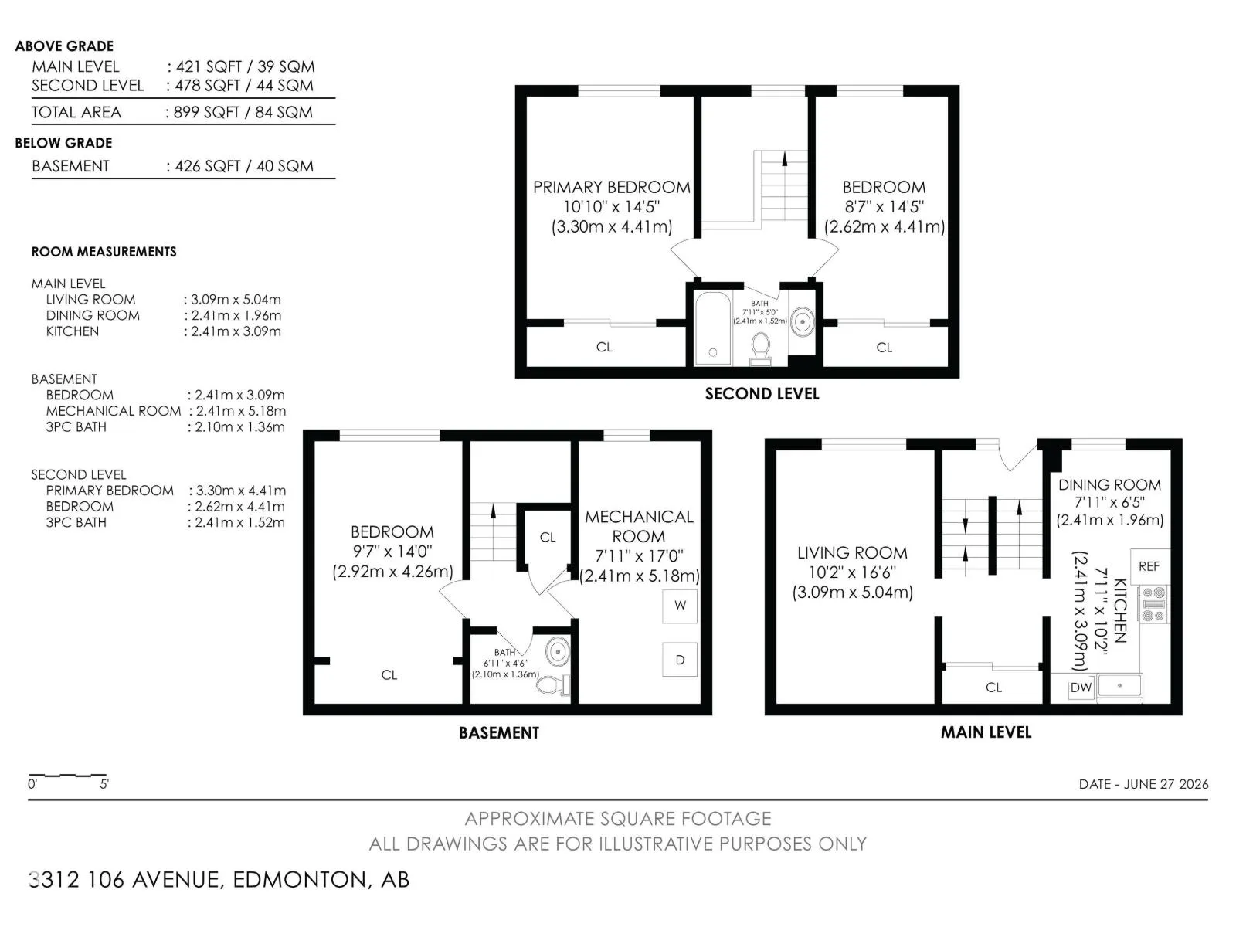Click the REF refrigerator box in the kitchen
(x=1149, y=566)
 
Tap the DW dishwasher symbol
(x=1081, y=688)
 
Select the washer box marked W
(x=680, y=606)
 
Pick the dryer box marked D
(x=680, y=660)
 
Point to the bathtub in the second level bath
(x=713, y=328)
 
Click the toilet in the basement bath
(x=552, y=684)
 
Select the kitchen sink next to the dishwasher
(x=1119, y=688)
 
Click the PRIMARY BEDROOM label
(x=612, y=188)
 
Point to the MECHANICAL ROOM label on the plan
(x=639, y=526)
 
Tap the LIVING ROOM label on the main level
(x=852, y=552)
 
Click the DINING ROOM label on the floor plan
(x=1109, y=485)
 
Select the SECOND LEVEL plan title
(x=762, y=393)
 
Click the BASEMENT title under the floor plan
(x=499, y=732)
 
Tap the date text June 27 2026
(x=1166, y=784)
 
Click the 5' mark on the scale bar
(x=104, y=784)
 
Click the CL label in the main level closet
(x=994, y=688)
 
